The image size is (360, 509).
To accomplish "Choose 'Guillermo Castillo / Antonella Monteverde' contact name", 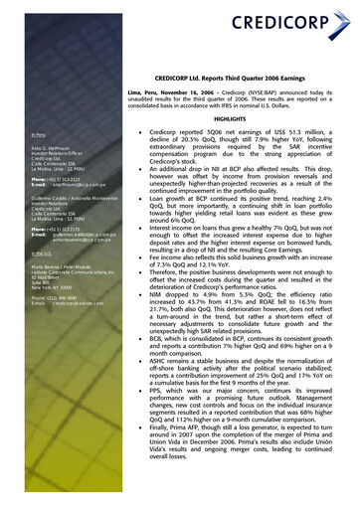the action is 74,198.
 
